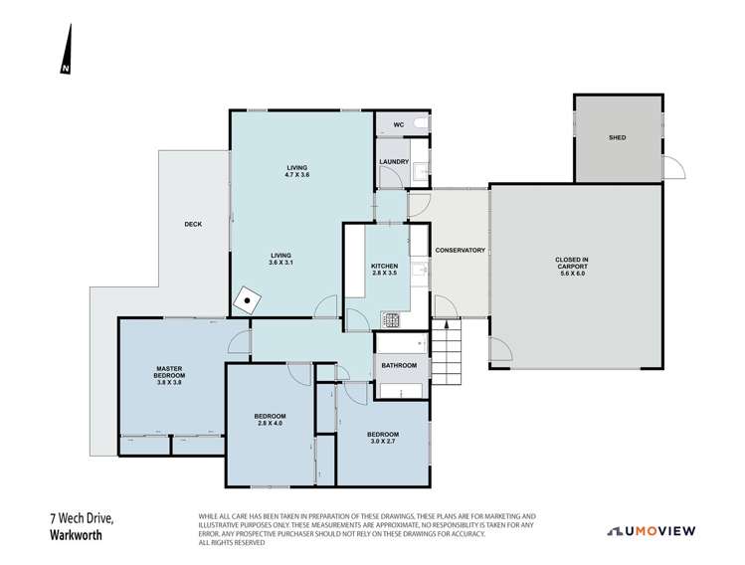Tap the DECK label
coord(193,224)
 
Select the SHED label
coord(617,138)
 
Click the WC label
coord(398,125)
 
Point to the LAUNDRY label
coord(394,161)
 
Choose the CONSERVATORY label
coord(461,250)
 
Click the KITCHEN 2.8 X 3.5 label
coord(385,269)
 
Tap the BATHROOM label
coord(399,366)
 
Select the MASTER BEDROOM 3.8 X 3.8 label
coord(167,375)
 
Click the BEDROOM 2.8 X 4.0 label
coord(270,419)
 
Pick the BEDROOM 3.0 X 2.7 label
coord(383,438)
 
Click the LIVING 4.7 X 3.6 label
coord(296,170)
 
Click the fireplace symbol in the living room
coord(245,299)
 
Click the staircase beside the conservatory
coord(448,349)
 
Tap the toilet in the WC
coord(421,124)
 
